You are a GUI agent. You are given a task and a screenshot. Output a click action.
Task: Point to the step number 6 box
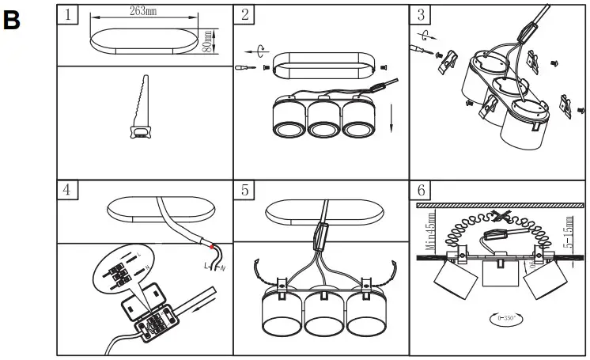(x=422, y=191)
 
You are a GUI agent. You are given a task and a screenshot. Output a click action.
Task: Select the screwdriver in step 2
(x=248, y=70)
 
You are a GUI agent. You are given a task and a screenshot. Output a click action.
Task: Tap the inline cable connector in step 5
(x=320, y=237)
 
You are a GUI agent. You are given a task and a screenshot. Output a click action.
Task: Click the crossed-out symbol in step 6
(x=498, y=217)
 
